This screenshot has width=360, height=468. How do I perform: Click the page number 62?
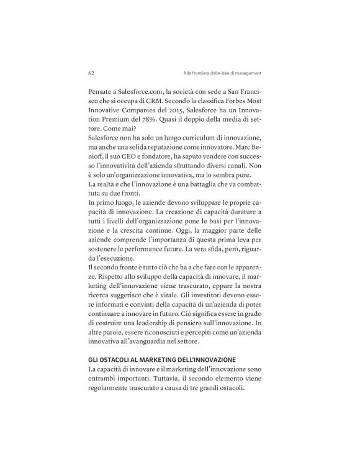[x=91, y=73]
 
